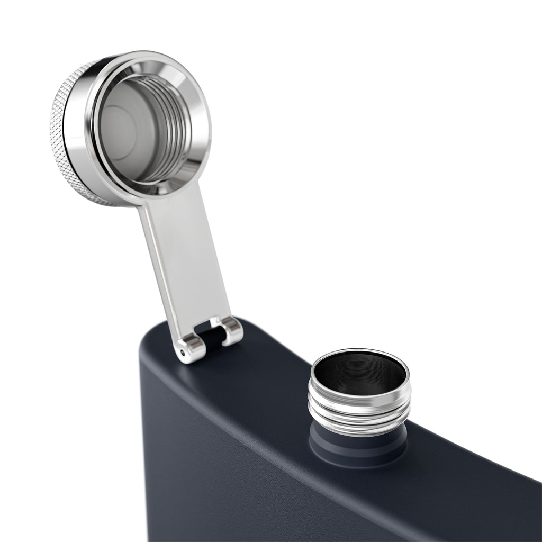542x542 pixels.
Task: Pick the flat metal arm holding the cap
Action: pyautogui.click(x=185, y=265)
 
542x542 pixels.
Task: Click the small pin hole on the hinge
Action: pyautogui.click(x=184, y=351)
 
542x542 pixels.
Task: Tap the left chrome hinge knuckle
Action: pyautogui.click(x=191, y=349)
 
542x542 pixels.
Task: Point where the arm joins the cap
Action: pyautogui.click(x=159, y=198)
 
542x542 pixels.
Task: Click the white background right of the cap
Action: pyautogui.click(x=371, y=132)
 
